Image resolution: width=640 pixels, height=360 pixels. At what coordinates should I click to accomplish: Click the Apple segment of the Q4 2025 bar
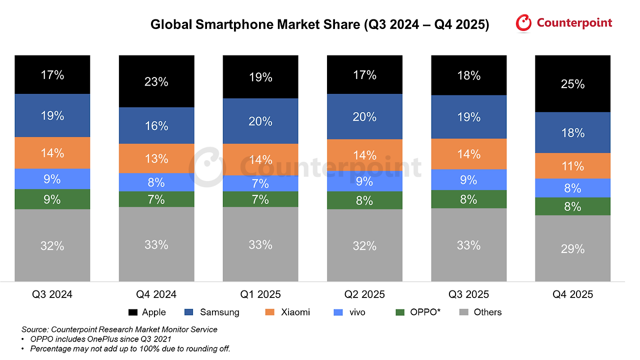click(x=572, y=83)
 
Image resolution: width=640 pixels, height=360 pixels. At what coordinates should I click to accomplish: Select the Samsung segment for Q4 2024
click(x=156, y=125)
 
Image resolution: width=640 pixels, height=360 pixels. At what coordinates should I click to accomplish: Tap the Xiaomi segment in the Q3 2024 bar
click(x=52, y=153)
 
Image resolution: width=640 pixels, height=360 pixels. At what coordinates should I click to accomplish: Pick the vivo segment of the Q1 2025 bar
click(x=260, y=183)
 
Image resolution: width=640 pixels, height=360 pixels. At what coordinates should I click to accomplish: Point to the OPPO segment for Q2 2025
click(x=364, y=200)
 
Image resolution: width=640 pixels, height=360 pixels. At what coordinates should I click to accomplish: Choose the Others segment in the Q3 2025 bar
click(x=468, y=245)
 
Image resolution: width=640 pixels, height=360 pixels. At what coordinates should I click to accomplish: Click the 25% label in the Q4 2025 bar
click(x=572, y=84)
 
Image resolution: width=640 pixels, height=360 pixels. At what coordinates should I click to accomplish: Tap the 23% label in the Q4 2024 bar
click(x=156, y=81)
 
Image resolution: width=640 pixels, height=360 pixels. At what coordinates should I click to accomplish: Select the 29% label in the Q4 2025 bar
click(x=572, y=248)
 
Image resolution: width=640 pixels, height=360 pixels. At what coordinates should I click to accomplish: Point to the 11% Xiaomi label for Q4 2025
click(x=572, y=166)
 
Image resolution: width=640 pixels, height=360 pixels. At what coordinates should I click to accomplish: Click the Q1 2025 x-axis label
click(x=260, y=294)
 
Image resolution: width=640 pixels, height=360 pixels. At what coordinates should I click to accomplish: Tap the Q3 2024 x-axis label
click(x=52, y=294)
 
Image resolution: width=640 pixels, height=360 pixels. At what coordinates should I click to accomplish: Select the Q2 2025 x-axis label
click(x=364, y=294)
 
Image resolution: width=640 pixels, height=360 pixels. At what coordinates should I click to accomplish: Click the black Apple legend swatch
click(x=133, y=312)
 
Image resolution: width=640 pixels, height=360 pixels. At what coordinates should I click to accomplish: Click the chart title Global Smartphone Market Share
click(x=320, y=24)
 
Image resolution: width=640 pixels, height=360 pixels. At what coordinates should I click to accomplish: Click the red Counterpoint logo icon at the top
click(x=524, y=23)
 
